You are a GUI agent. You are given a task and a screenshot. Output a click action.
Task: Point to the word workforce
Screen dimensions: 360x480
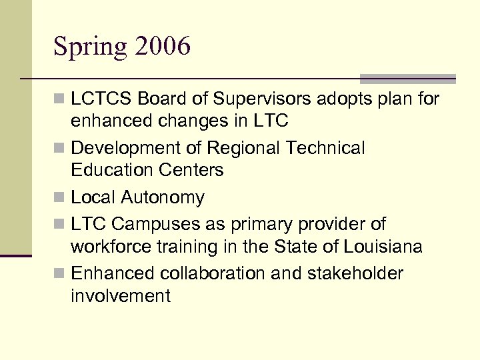(x=111, y=247)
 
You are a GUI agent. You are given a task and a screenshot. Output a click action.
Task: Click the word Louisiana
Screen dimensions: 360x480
(x=383, y=247)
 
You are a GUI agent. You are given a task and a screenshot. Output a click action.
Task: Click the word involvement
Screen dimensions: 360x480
(x=120, y=296)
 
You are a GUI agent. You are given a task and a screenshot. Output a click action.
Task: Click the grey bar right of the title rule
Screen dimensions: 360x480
(x=407, y=78)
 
